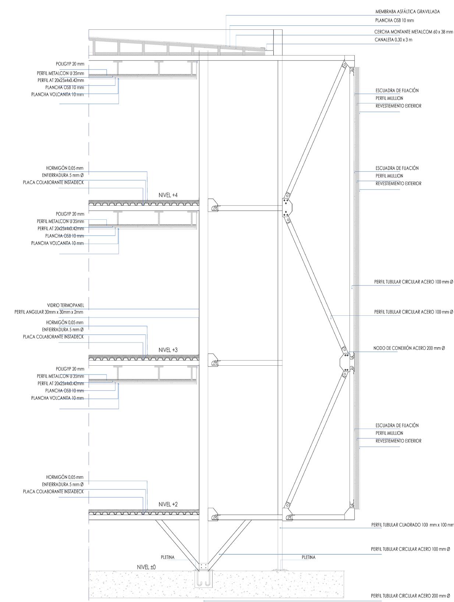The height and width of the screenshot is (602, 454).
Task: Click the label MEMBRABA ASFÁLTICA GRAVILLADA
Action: click(407, 12)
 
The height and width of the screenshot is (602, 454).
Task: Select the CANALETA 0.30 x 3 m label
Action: click(393, 40)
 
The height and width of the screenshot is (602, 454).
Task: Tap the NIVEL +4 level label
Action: click(168, 195)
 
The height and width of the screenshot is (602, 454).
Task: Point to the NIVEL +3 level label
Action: click(168, 350)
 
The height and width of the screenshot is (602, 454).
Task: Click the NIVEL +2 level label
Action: click(168, 505)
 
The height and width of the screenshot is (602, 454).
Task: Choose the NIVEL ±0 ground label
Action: click(146, 567)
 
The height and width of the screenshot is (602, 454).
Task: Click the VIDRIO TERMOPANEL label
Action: click(65, 305)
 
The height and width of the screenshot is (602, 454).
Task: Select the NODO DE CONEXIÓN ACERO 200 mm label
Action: click(409, 348)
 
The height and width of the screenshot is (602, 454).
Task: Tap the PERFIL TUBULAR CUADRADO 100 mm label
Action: click(412, 525)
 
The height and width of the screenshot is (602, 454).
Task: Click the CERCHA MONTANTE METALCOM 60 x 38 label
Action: click(414, 32)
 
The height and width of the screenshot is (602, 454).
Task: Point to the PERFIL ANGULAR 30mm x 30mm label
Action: click(49, 312)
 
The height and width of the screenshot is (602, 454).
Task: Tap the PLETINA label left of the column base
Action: click(167, 557)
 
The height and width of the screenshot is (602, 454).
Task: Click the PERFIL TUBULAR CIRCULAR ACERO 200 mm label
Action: click(410, 596)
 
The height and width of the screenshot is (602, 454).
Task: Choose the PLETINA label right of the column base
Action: click(308, 557)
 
